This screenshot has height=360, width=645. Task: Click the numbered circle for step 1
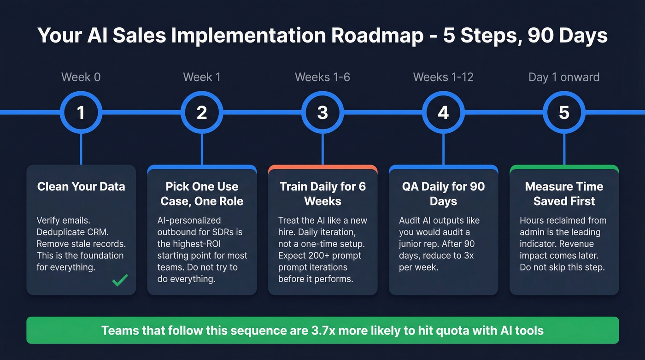pyautogui.click(x=81, y=112)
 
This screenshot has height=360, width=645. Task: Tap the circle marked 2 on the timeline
pyautogui.click(x=202, y=112)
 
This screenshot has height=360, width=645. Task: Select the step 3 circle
pyautogui.click(x=322, y=112)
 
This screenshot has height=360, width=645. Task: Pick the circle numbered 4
pyautogui.click(x=443, y=112)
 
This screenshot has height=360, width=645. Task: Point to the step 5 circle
pyautogui.click(x=564, y=112)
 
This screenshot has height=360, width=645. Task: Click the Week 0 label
pyautogui.click(x=81, y=77)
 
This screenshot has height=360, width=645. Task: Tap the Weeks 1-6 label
pyautogui.click(x=322, y=77)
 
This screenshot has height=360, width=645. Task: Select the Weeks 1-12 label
pyautogui.click(x=443, y=77)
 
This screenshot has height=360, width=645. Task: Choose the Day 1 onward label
pyautogui.click(x=564, y=77)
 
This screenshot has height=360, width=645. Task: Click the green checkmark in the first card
pyautogui.click(x=120, y=279)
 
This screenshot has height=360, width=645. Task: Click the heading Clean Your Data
pyautogui.click(x=81, y=187)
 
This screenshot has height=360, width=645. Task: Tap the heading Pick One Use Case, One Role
pyautogui.click(x=202, y=194)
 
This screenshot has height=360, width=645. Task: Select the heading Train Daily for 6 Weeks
pyautogui.click(x=322, y=194)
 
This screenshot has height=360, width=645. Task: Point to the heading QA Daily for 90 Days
pyautogui.click(x=443, y=194)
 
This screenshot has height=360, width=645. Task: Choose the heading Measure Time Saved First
pyautogui.click(x=564, y=194)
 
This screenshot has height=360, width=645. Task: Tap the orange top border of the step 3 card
pyautogui.click(x=322, y=167)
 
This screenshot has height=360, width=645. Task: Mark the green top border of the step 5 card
pyautogui.click(x=564, y=167)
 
